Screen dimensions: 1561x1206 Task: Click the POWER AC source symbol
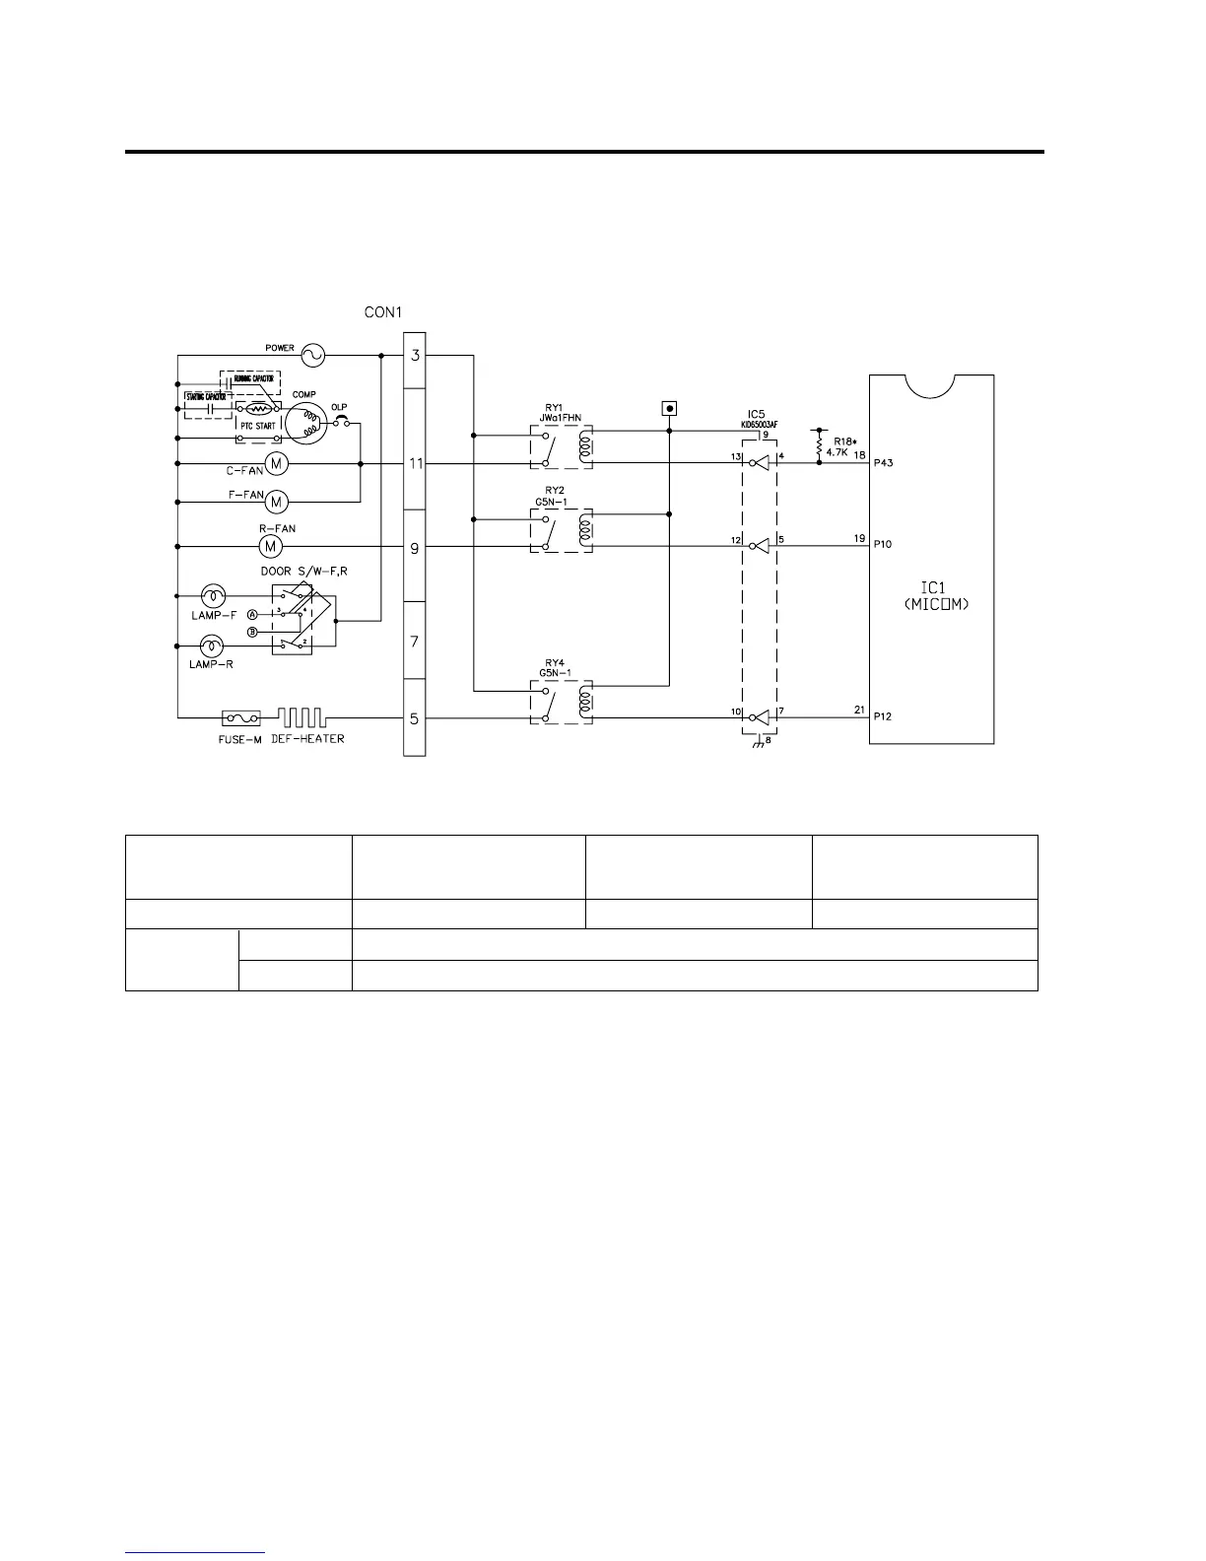(x=312, y=355)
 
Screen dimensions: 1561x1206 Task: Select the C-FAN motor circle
(x=276, y=463)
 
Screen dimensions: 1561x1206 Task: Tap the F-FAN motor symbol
(x=277, y=502)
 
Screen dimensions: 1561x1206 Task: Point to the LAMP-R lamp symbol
(x=212, y=646)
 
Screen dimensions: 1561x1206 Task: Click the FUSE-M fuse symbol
(x=240, y=718)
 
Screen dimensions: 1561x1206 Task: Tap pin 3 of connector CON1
(x=415, y=355)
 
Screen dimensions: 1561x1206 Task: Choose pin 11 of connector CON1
(x=415, y=463)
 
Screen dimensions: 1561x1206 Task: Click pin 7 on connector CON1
(x=415, y=642)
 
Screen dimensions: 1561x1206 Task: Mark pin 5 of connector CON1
(x=415, y=718)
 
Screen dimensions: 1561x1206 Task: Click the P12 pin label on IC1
(x=883, y=716)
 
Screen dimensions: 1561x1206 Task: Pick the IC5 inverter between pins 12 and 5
(x=758, y=546)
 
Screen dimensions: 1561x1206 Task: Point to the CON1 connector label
(x=383, y=312)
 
